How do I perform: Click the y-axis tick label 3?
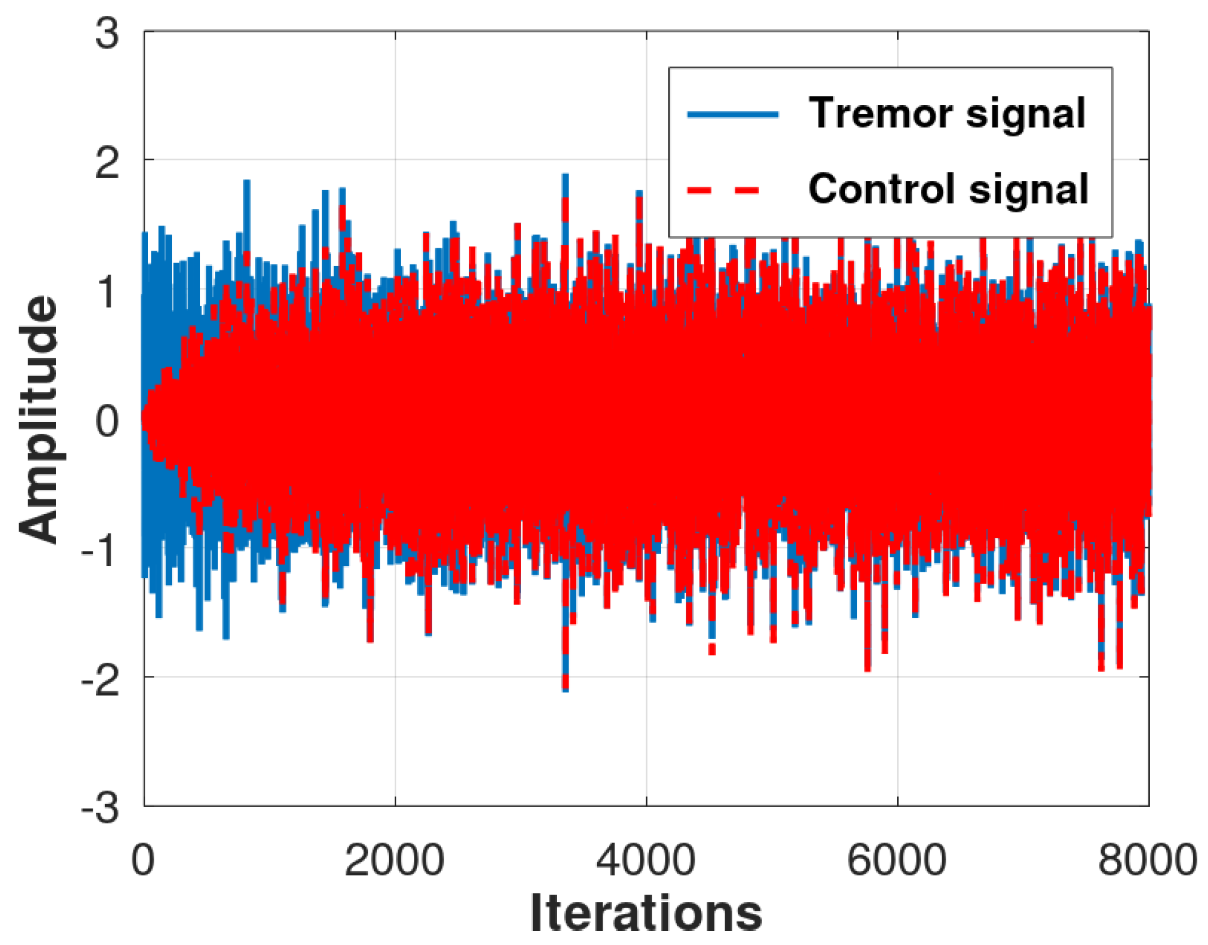(x=107, y=33)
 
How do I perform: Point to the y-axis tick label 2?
(x=107, y=164)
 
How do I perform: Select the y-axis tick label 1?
(x=107, y=292)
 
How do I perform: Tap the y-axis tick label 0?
(x=107, y=421)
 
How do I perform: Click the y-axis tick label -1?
(x=101, y=550)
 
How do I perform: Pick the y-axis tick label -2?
(x=101, y=679)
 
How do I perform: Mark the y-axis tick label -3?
(x=101, y=809)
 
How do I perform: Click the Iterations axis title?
(x=646, y=913)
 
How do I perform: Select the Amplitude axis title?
(x=38, y=420)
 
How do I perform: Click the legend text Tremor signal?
(x=947, y=113)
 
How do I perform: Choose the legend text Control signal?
(x=948, y=188)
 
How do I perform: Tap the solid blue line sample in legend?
(x=733, y=114)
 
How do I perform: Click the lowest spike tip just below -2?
(x=565, y=690)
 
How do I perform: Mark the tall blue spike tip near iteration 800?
(x=246, y=182)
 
